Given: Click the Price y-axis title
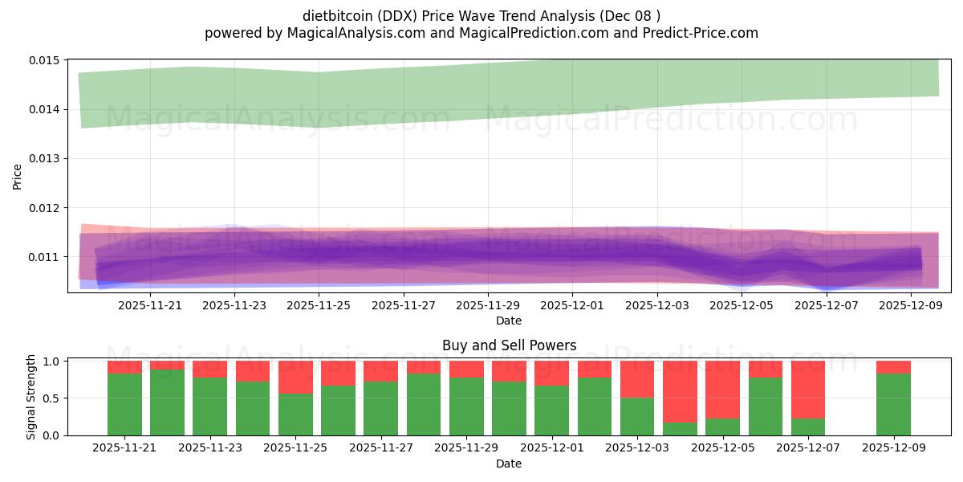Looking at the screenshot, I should [x=18, y=176].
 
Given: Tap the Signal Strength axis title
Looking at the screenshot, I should [x=30, y=397].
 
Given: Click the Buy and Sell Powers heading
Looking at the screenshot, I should [x=509, y=345].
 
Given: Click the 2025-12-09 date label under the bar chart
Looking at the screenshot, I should [x=893, y=448].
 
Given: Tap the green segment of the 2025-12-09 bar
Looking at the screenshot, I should [x=893, y=404].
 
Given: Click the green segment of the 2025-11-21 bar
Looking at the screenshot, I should [x=124, y=404].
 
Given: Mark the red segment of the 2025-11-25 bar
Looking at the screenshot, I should [x=295, y=377].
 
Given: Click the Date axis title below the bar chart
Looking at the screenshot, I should [x=509, y=464].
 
